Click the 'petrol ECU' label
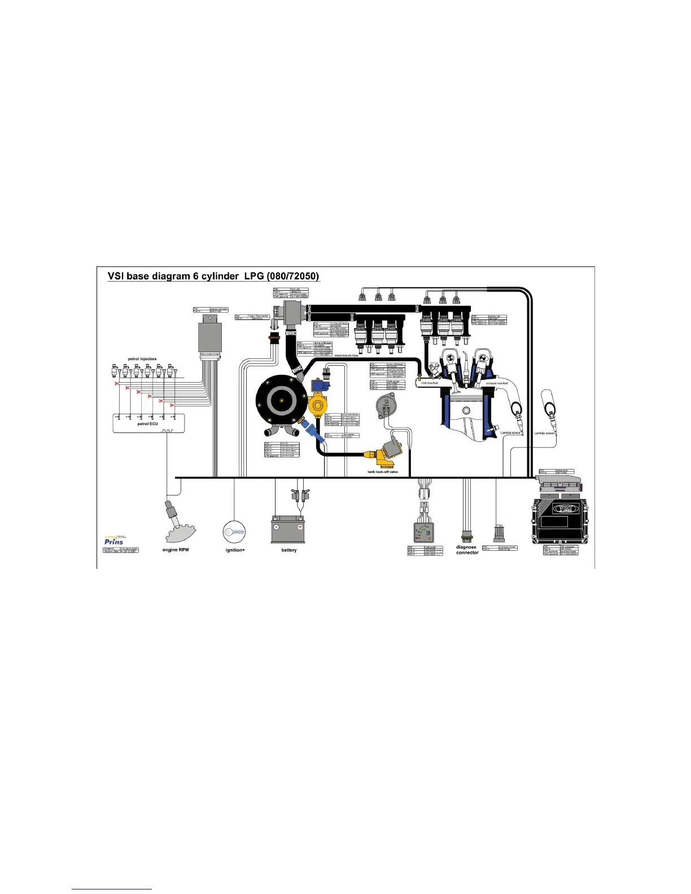point(148,424)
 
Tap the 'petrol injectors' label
point(142,359)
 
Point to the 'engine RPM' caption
point(176,550)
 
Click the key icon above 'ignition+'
point(234,531)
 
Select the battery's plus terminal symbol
point(300,527)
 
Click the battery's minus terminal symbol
point(277,527)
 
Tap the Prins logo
point(114,541)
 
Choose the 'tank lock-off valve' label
point(383,472)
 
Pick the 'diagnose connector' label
point(467,550)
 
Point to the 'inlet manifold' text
point(430,383)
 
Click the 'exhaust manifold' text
point(497,383)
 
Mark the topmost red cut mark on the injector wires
point(117,384)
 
